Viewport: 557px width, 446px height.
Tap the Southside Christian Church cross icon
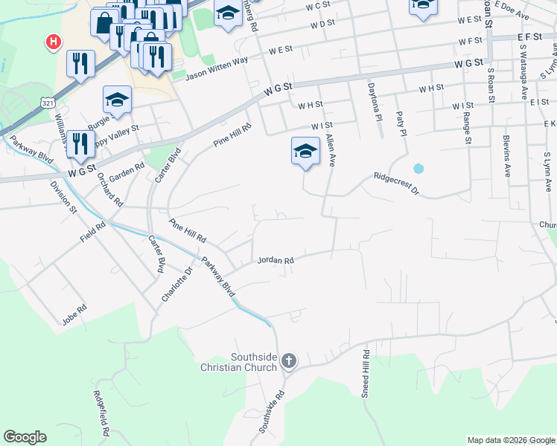tap(289, 361)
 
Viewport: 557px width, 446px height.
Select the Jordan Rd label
tap(276, 260)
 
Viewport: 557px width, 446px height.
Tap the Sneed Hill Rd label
tap(366, 374)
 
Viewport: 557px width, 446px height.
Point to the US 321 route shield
tap(48, 102)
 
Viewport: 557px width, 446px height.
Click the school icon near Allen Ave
tap(305, 151)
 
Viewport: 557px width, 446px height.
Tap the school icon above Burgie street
tap(117, 99)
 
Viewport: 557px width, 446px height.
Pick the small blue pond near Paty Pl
tap(418, 169)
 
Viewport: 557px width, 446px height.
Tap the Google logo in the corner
tap(25, 437)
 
